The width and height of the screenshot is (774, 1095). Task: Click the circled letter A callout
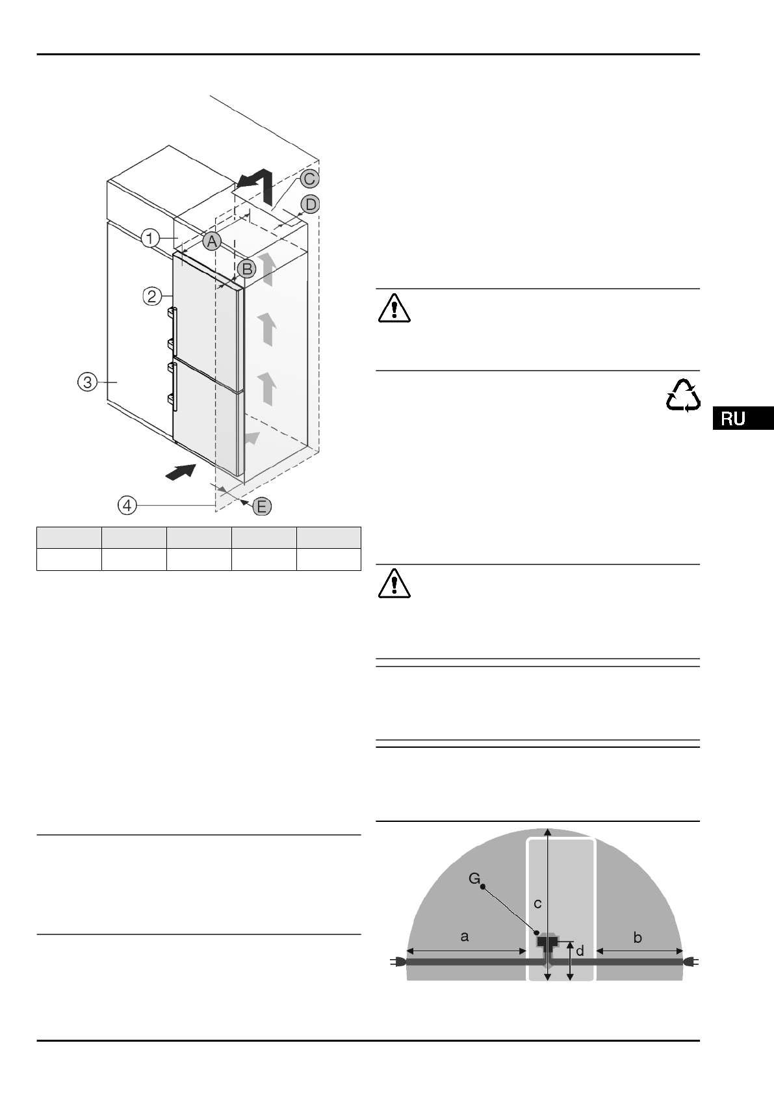pyautogui.click(x=211, y=241)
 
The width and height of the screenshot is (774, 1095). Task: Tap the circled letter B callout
pyautogui.click(x=246, y=268)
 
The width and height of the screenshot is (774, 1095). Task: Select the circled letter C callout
pyautogui.click(x=308, y=178)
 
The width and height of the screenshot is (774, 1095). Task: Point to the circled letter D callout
pyautogui.click(x=311, y=204)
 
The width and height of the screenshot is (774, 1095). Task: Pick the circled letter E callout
pyautogui.click(x=261, y=507)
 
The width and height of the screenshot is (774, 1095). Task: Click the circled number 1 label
pyautogui.click(x=150, y=239)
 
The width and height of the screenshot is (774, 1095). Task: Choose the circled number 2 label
pyautogui.click(x=152, y=297)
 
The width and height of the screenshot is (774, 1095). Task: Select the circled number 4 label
pyautogui.click(x=127, y=505)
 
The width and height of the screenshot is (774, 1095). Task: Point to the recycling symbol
pyautogui.click(x=683, y=395)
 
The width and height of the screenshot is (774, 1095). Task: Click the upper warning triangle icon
pyautogui.click(x=394, y=309)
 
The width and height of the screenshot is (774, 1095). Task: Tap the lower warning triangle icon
pyautogui.click(x=394, y=585)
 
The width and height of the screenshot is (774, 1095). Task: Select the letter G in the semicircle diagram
pyautogui.click(x=475, y=880)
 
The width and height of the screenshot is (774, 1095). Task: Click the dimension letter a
pyautogui.click(x=464, y=936)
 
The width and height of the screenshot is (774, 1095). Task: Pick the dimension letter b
pyautogui.click(x=638, y=937)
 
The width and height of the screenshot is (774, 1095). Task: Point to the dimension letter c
pyautogui.click(x=537, y=903)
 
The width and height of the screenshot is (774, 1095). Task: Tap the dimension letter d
pyautogui.click(x=580, y=951)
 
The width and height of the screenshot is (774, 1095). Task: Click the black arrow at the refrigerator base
pyautogui.click(x=181, y=472)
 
